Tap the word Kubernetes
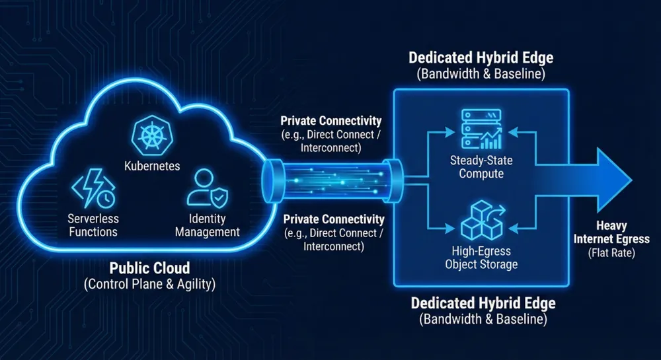(x=151, y=166)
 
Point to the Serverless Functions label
(x=93, y=225)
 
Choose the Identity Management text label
(x=207, y=225)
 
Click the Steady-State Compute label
(x=480, y=167)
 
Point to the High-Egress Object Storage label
(x=480, y=258)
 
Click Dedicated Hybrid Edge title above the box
(x=481, y=57)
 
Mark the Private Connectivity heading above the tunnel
(x=331, y=121)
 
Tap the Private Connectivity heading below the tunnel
(x=333, y=219)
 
